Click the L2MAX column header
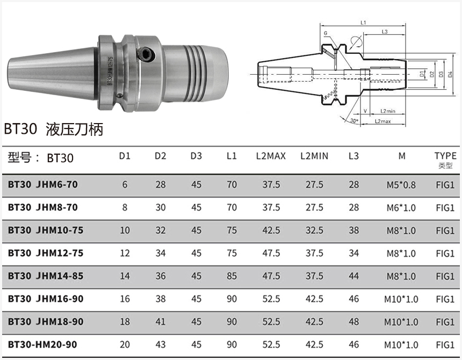[271, 156]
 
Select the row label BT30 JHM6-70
[43, 184]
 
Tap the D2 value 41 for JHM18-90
[160, 321]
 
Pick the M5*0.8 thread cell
[401, 185]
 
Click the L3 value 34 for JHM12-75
[353, 253]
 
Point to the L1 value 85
[232, 276]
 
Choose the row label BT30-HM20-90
[42, 344]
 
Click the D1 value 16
[125, 299]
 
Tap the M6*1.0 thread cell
[401, 208]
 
